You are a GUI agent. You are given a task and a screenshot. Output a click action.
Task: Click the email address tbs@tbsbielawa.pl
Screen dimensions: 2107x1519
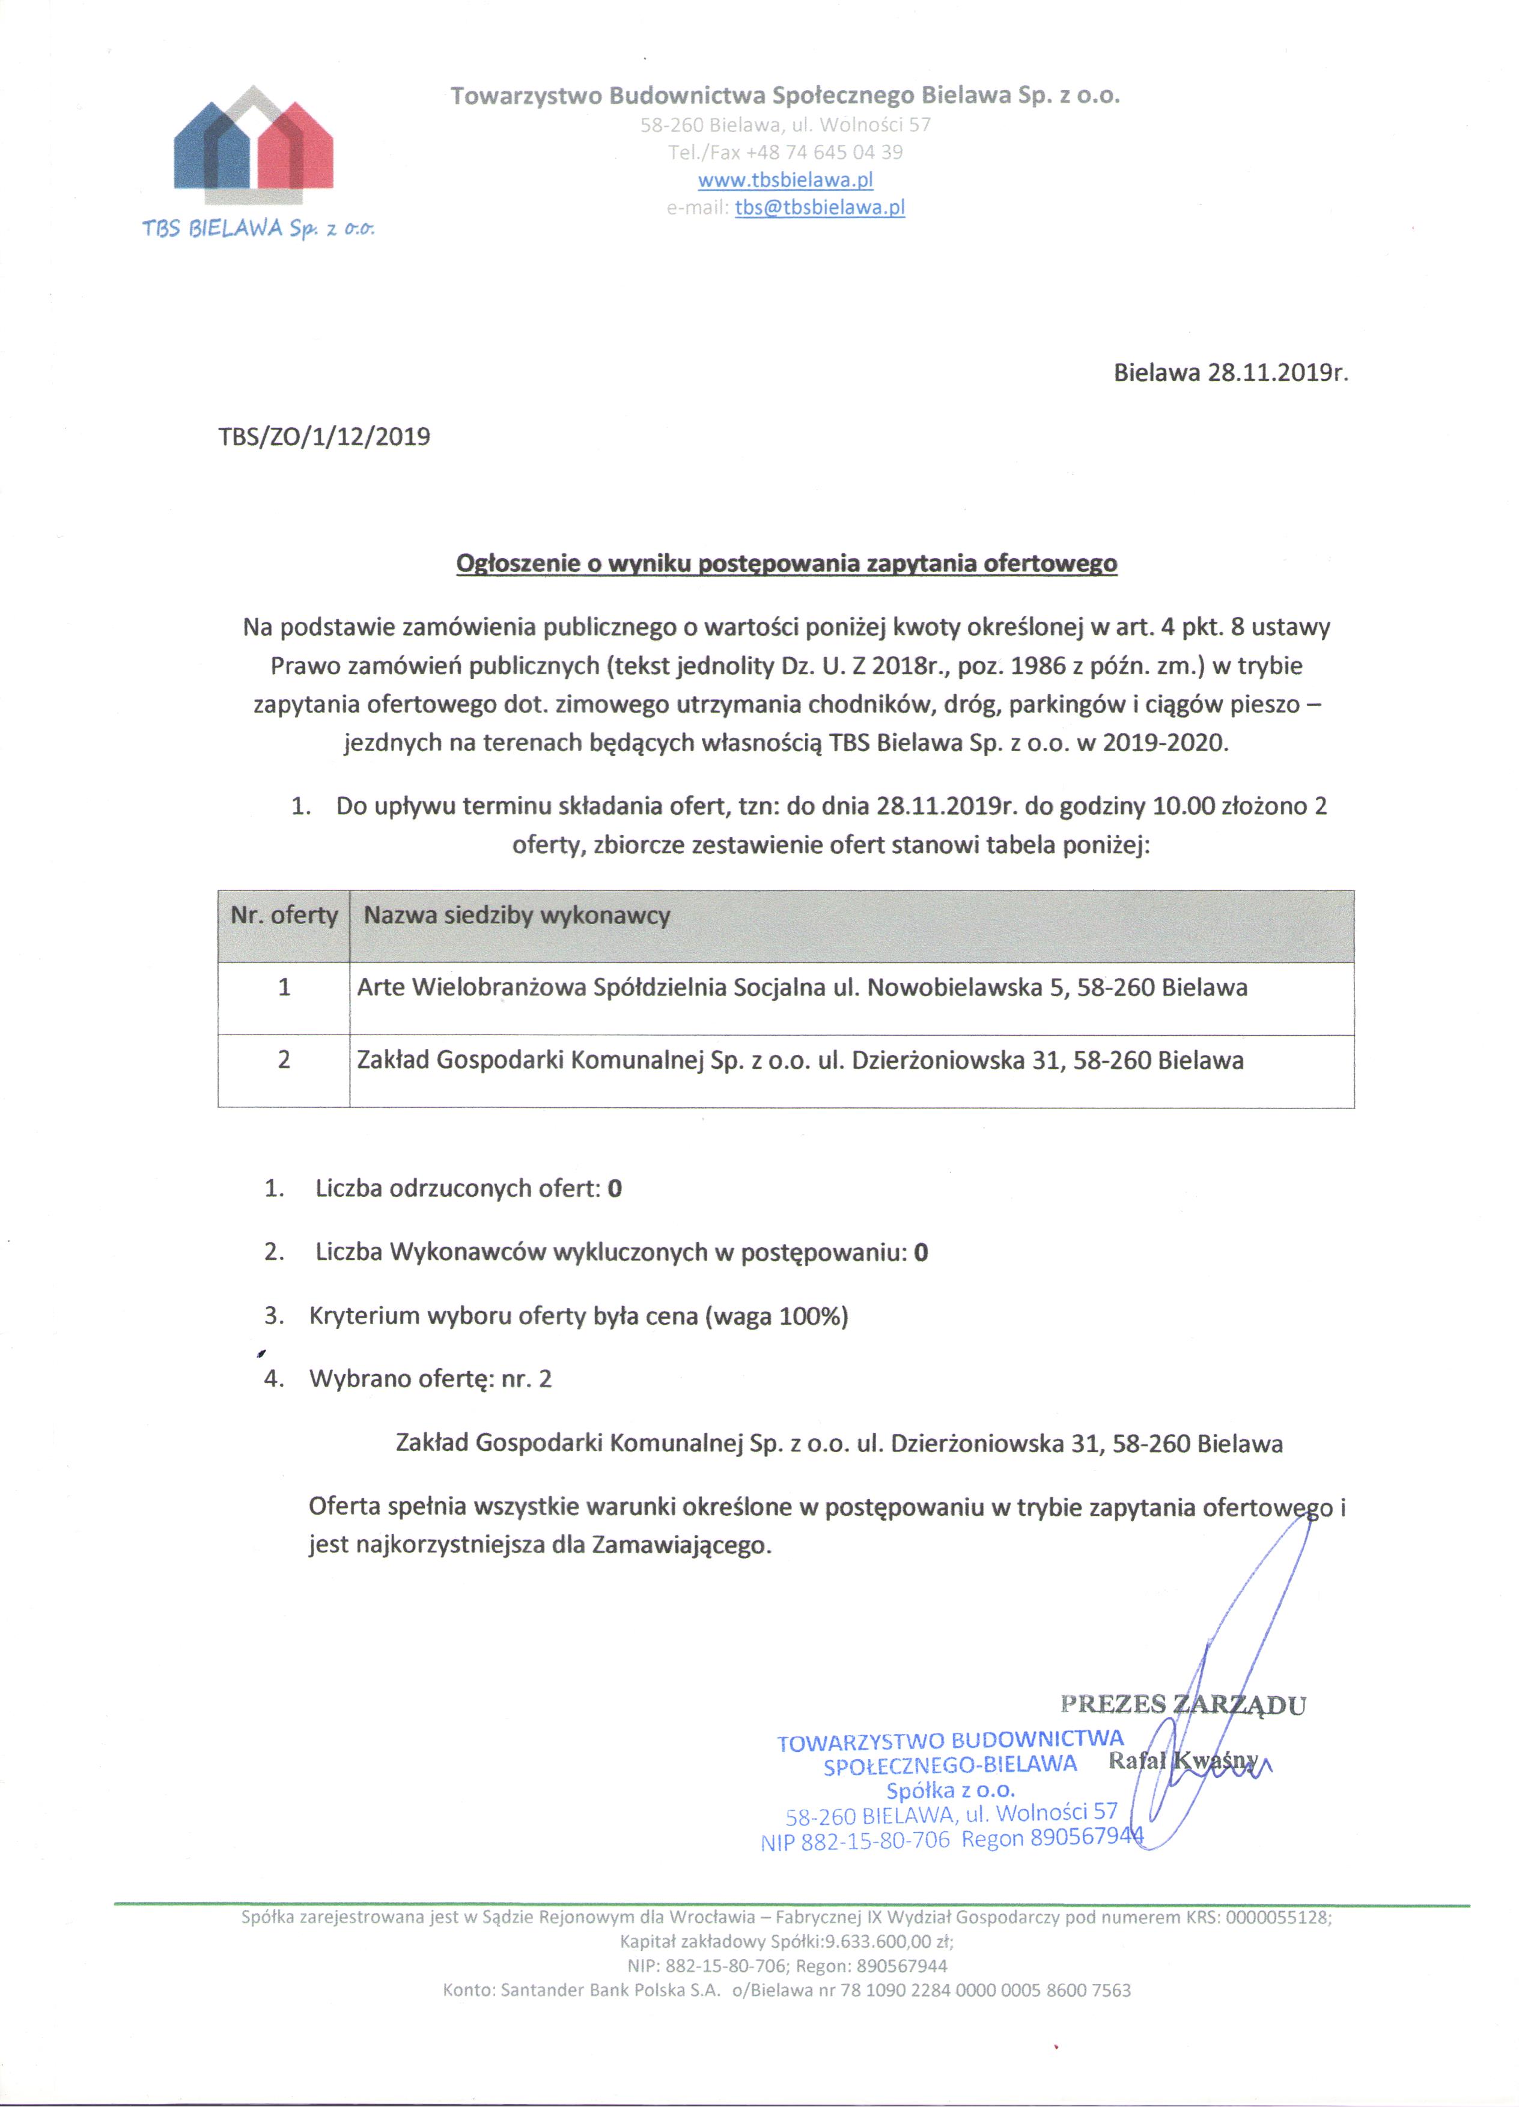click(x=820, y=207)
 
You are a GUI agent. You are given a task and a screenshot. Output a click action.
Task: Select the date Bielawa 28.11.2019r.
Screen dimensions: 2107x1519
click(x=1230, y=374)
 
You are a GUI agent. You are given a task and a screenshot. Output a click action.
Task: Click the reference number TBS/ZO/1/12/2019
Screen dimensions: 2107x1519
click(x=324, y=437)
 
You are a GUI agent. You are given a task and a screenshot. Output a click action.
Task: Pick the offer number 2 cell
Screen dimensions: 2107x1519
click(x=284, y=1059)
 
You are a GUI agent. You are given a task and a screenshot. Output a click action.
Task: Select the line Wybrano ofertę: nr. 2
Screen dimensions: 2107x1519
click(x=430, y=1379)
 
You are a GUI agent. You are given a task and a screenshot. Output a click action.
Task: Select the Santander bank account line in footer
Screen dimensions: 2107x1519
click(x=786, y=1990)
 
